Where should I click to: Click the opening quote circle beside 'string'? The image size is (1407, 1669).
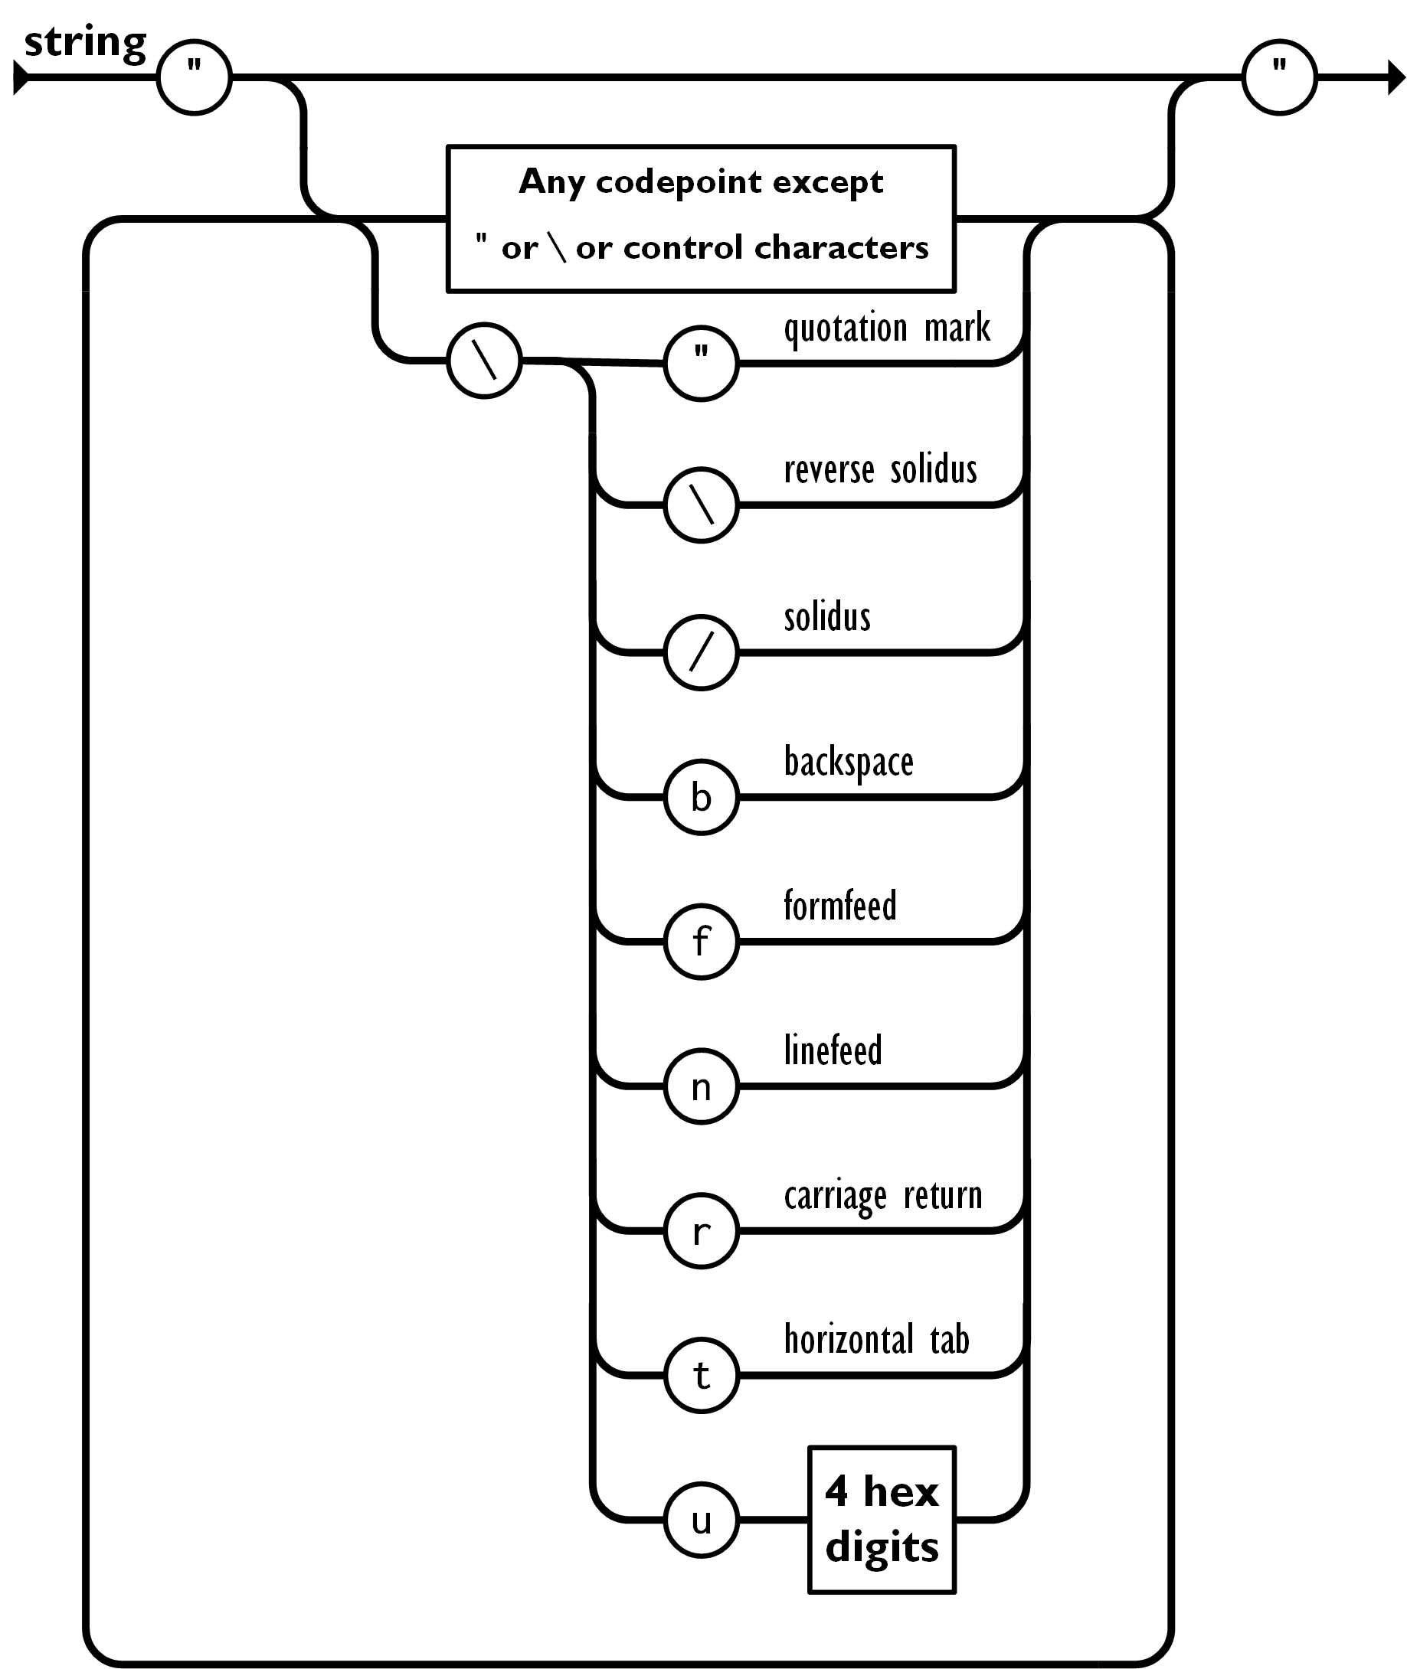[194, 78]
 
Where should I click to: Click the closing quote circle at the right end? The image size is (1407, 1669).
[1278, 78]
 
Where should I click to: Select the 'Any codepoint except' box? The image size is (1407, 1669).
[700, 217]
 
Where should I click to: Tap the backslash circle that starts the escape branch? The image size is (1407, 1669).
[484, 361]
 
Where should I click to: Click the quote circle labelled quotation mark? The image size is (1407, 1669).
[701, 364]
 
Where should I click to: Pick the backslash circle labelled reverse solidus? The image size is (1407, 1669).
[701, 505]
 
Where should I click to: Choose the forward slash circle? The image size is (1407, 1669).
[701, 652]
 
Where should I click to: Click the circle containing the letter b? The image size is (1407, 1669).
[701, 797]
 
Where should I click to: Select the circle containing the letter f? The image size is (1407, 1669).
[701, 942]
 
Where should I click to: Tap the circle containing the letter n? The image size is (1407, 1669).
[701, 1087]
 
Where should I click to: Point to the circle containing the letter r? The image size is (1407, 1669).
[701, 1231]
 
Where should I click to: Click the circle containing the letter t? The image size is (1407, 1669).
[701, 1376]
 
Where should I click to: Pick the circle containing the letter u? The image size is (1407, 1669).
[701, 1520]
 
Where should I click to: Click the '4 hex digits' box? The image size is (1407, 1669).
[882, 1518]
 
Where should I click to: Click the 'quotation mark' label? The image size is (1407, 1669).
[888, 328]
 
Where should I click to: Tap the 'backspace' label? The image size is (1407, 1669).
[850, 763]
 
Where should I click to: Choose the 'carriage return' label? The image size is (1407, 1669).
[882, 1195]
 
